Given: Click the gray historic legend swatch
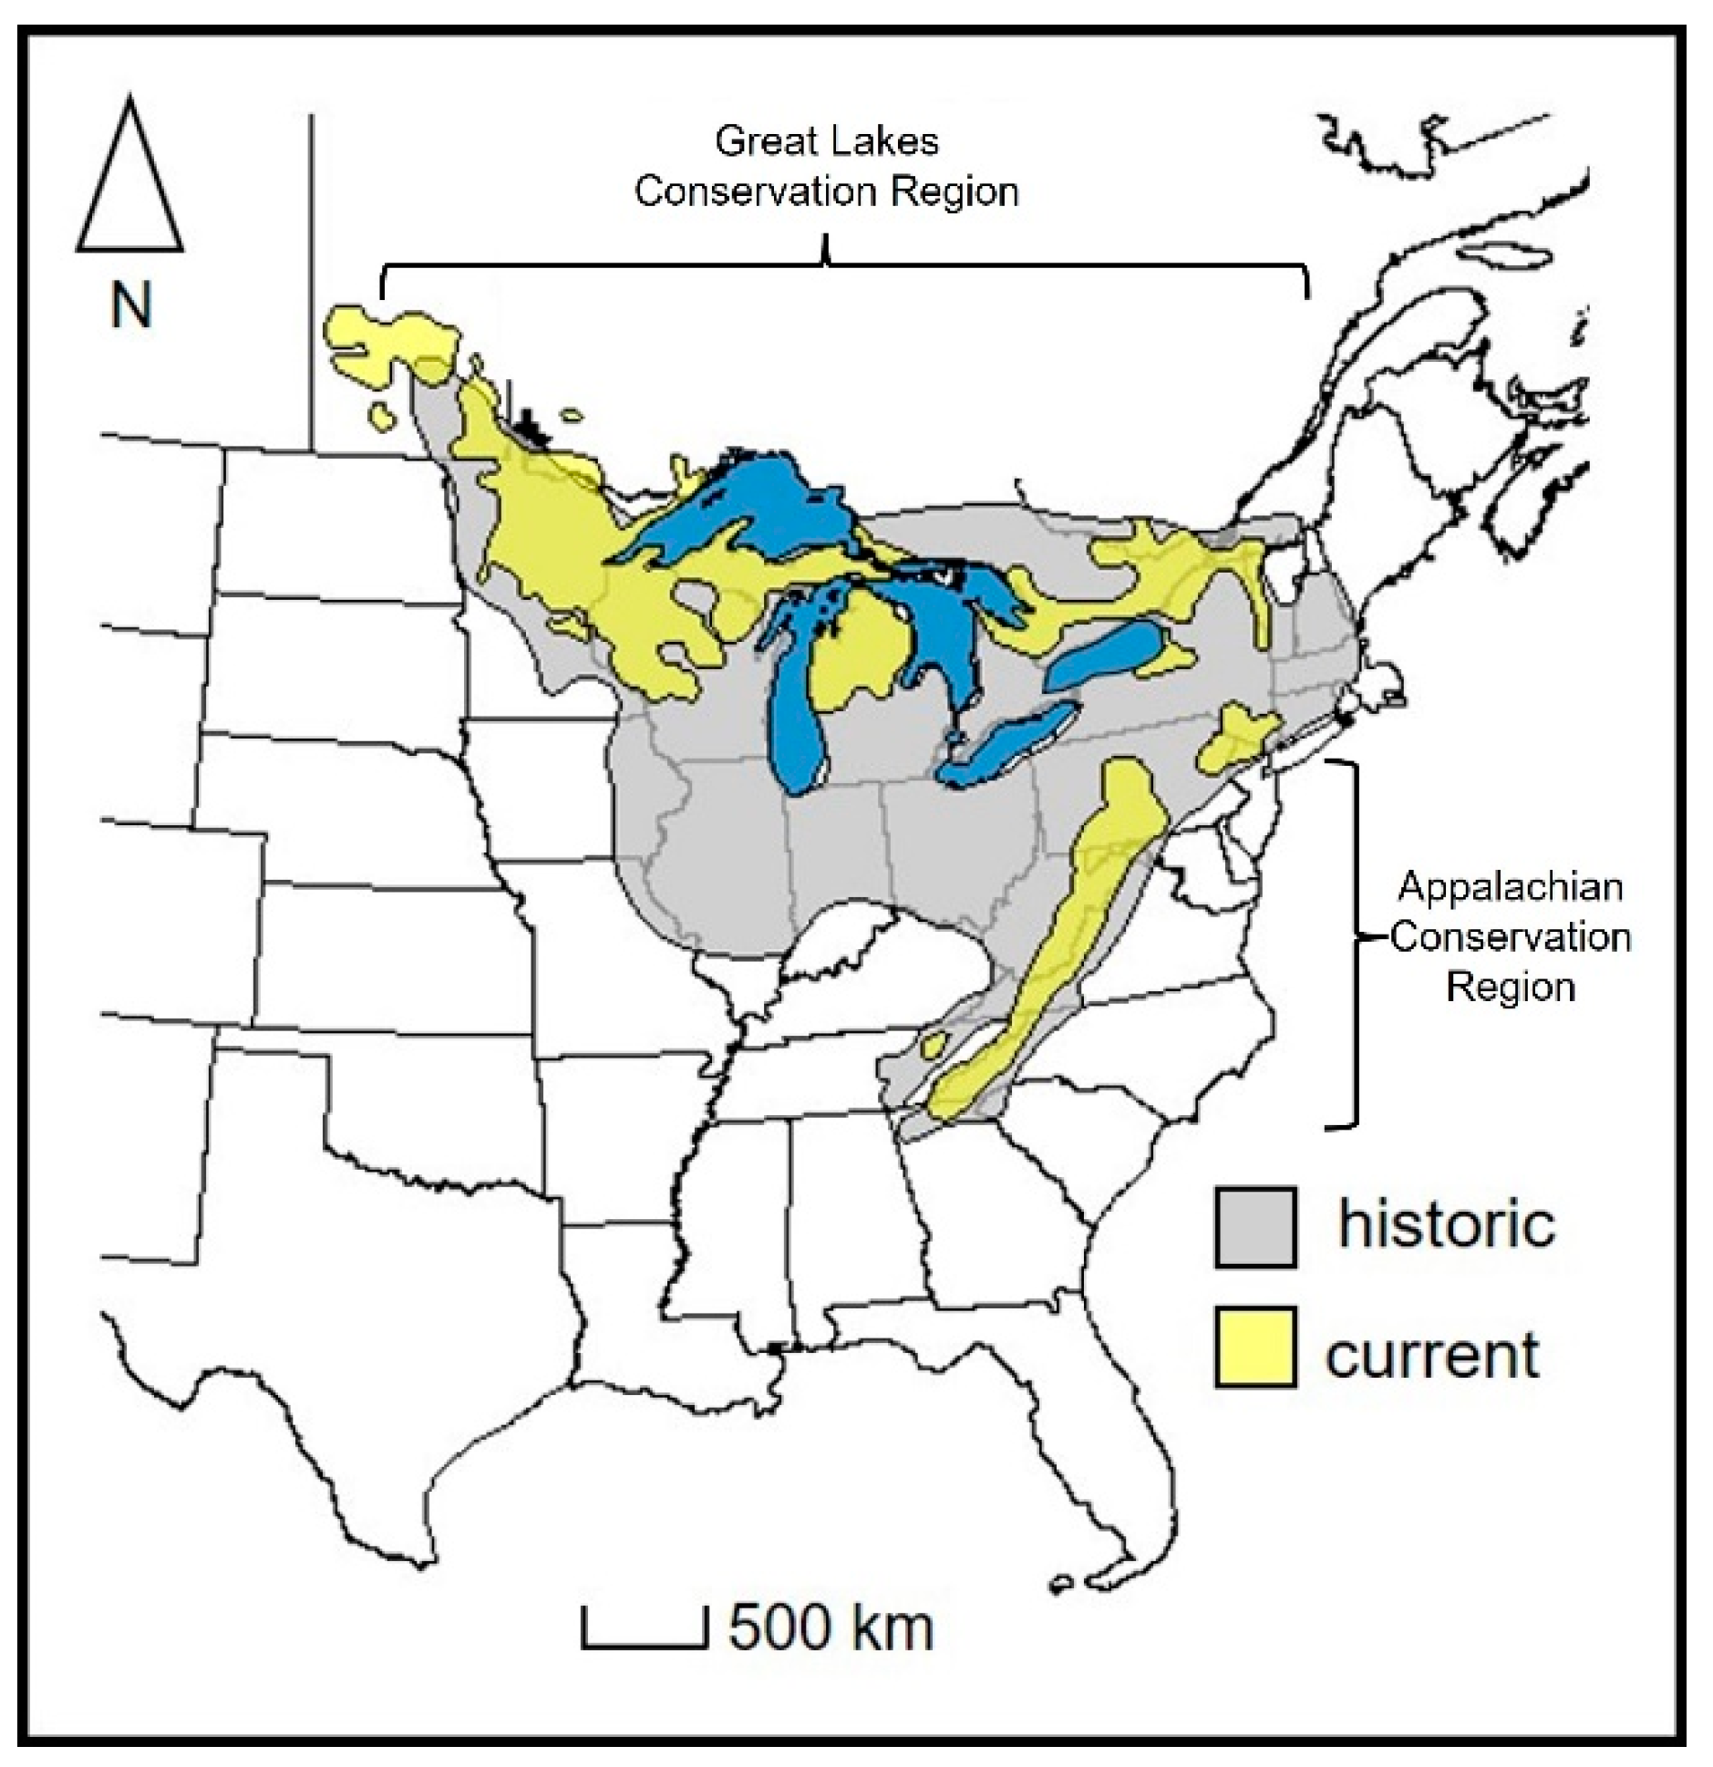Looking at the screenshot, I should (x=1254, y=1226).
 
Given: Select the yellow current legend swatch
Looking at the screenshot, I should (x=1254, y=1347).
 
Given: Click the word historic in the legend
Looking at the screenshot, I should (x=1446, y=1224).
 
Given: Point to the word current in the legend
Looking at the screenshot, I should (x=1432, y=1355).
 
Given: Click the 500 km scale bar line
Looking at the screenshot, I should (x=644, y=1644).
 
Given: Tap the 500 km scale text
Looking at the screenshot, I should (x=831, y=1627).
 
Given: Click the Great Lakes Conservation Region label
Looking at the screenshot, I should (x=826, y=167).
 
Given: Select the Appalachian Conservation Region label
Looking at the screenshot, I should (x=1510, y=936).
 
